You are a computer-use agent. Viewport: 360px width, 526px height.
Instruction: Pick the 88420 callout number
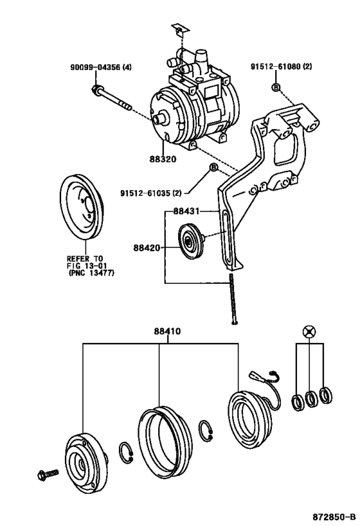[x=147, y=247]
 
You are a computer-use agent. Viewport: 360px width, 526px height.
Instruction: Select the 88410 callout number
[x=167, y=332]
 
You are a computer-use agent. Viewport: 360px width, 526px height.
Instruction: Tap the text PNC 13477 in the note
[x=92, y=272]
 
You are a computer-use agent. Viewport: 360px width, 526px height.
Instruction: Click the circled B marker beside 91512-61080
[x=276, y=87]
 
